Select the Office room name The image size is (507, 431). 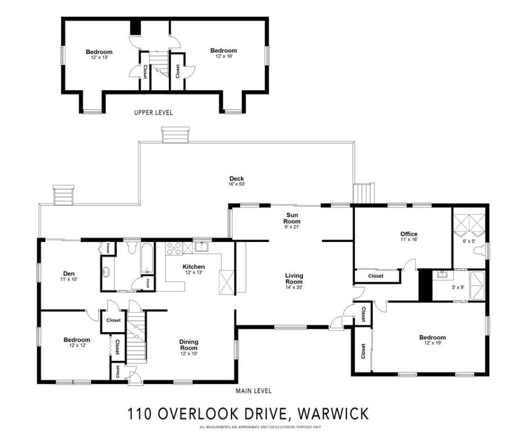pyautogui.click(x=408, y=234)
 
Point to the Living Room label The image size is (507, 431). pyautogui.click(x=294, y=278)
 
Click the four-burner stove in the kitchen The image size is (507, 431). pyautogui.click(x=173, y=247)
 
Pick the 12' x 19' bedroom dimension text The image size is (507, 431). pyautogui.click(x=432, y=343)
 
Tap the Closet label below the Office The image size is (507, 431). pyautogui.click(x=376, y=276)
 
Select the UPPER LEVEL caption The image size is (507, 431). pyautogui.click(x=153, y=113)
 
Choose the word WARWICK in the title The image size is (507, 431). pyautogui.click(x=334, y=414)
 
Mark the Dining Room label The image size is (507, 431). pyautogui.click(x=188, y=345)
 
